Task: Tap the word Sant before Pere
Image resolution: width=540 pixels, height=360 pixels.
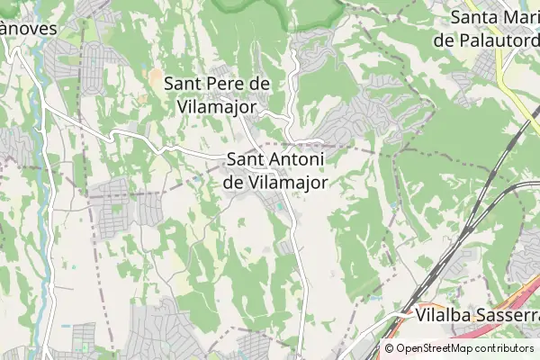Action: [x=184, y=84]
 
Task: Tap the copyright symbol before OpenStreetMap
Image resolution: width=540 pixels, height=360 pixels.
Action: [x=389, y=348]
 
